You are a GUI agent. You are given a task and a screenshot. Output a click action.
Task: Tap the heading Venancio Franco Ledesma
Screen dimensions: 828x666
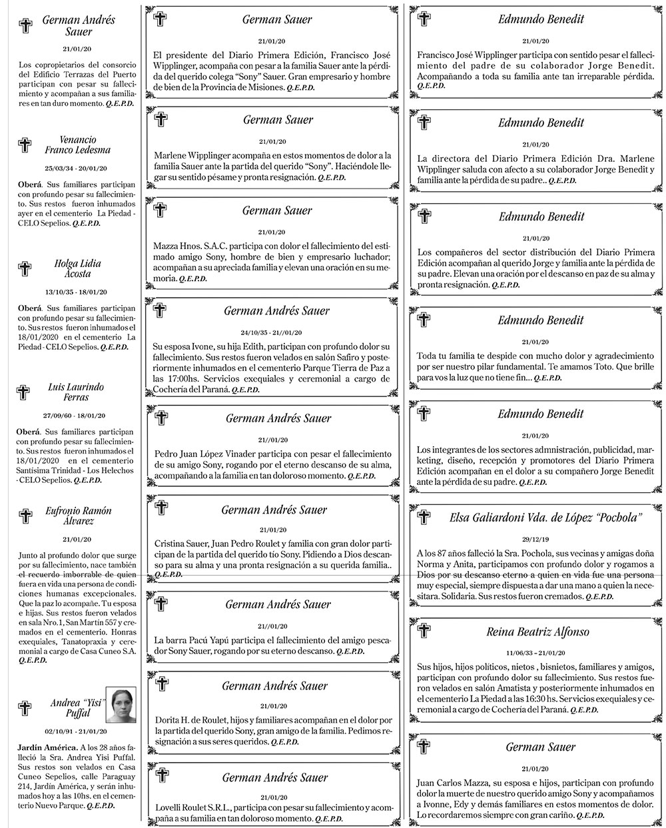coord(77,145)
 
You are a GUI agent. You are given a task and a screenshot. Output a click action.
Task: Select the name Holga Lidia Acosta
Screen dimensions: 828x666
coord(77,268)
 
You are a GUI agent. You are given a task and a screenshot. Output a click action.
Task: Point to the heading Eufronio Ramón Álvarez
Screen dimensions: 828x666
coord(79,516)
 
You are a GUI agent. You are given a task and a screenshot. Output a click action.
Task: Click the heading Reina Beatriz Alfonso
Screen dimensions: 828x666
coord(537,631)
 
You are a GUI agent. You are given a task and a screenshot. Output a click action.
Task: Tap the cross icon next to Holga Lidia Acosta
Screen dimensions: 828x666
coord(25,268)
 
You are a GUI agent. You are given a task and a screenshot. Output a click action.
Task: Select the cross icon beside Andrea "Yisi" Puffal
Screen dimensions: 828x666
coord(25,707)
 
